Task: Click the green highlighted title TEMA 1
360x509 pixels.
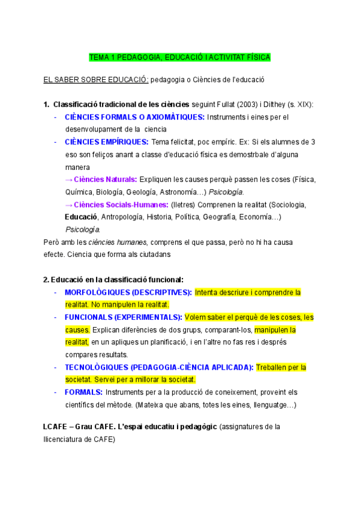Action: pos(179,58)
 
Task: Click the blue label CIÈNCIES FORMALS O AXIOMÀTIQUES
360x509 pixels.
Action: pos(134,117)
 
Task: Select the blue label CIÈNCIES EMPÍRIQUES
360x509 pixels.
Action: pos(107,142)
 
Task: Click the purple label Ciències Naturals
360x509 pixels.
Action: pos(105,179)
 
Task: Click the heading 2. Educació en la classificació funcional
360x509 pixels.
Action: pos(113,279)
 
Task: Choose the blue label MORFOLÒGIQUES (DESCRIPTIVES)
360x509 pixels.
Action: pos(128,292)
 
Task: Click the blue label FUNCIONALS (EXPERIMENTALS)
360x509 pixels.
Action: pos(123,317)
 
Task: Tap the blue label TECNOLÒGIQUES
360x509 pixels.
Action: pos(98,367)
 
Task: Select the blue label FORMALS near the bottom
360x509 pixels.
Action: pos(83,392)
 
